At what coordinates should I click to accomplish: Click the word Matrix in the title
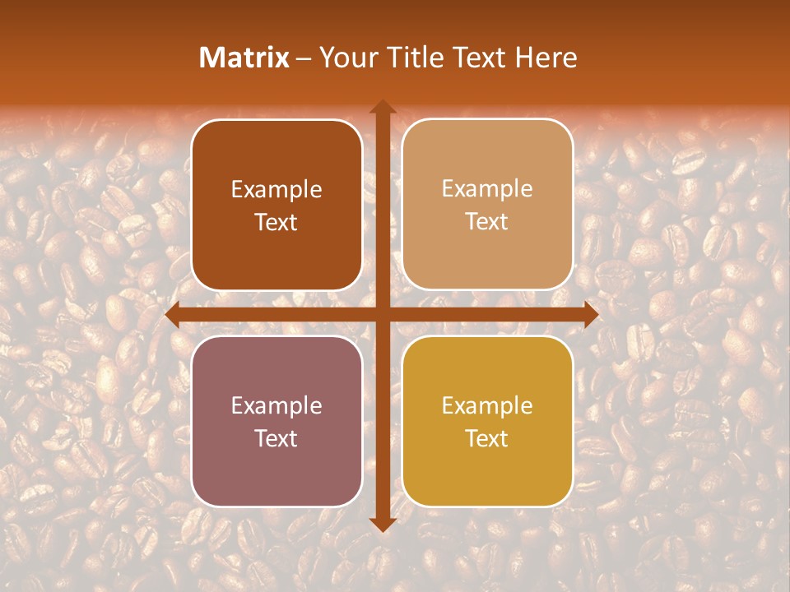[x=244, y=57]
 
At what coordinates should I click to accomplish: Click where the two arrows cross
[x=382, y=315]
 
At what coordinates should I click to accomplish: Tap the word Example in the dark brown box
[x=276, y=189]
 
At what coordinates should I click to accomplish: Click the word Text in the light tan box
[x=487, y=222]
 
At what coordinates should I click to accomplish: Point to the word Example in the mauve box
[x=276, y=405]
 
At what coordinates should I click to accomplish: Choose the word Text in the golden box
[x=487, y=438]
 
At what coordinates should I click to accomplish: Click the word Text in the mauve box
[x=276, y=438]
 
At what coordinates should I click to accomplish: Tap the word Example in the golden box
[x=487, y=405]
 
